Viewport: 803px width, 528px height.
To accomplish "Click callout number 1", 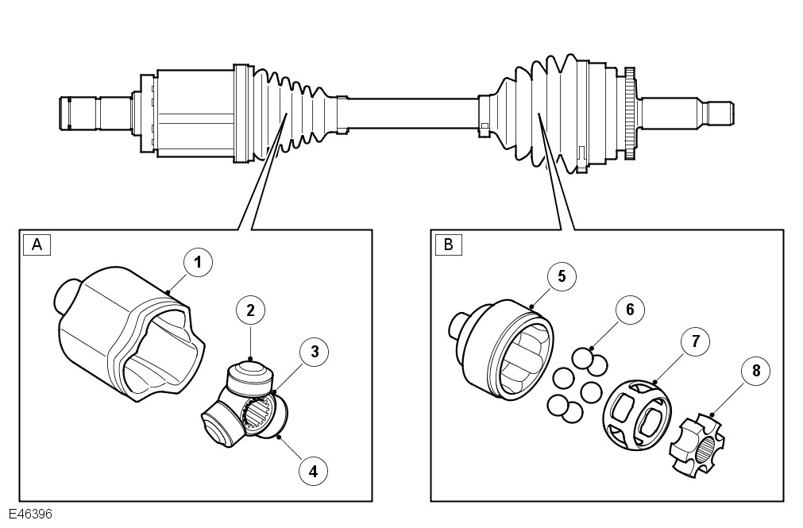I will click(198, 262).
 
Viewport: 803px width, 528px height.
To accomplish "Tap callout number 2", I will click(250, 311).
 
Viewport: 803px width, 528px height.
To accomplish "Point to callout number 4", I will click(313, 470).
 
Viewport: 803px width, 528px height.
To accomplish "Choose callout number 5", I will click(562, 276).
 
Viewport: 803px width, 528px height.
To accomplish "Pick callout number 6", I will click(630, 310).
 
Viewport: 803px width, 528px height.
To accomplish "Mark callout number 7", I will click(695, 342).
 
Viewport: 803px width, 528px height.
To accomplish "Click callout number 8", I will click(755, 371).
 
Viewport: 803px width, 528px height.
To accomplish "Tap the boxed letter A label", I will click(37, 244).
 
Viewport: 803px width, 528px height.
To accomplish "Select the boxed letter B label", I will click(448, 244).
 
